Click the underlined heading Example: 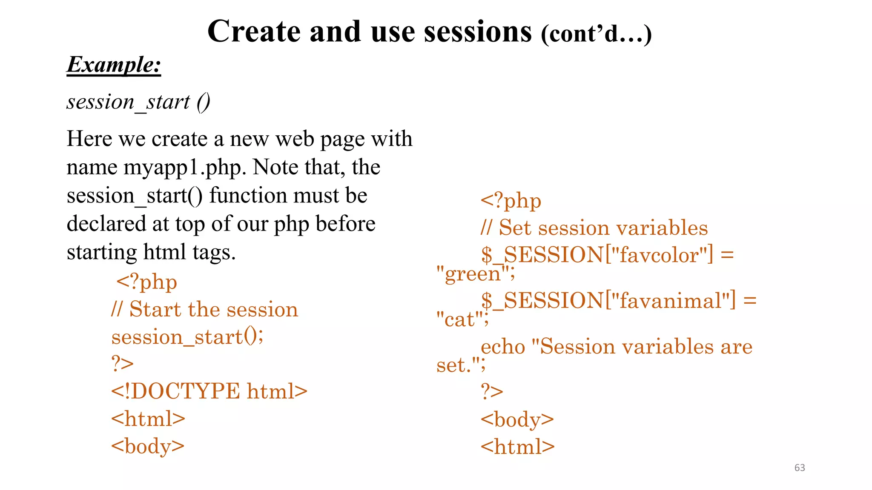pos(114,65)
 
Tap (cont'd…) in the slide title pos(596,34)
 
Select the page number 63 pos(800,467)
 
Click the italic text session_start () pos(138,102)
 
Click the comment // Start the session pos(204,309)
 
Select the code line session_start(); pos(187,337)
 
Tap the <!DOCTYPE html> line pos(209,391)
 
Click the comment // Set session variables pos(594,228)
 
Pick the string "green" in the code pos(473,273)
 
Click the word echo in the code pos(503,347)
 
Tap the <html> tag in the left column pos(148,419)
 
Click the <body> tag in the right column pos(517,419)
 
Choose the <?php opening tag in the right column pos(511,201)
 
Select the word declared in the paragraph pos(106,224)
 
